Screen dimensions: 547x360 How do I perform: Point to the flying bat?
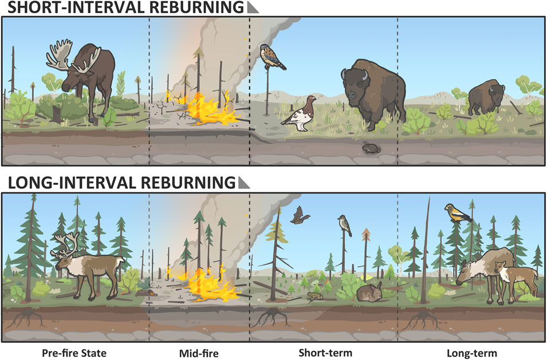pos(300,216)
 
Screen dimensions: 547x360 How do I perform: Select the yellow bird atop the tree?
pos(458,213)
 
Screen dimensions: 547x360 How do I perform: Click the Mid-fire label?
pos(200,351)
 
